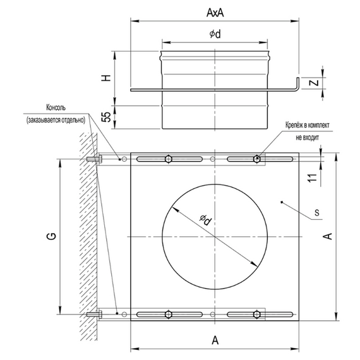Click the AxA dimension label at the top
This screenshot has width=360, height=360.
(215, 11)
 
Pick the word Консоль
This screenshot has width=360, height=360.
(60, 107)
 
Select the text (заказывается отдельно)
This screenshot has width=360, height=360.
(57, 119)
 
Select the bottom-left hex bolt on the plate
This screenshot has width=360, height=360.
(168, 314)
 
